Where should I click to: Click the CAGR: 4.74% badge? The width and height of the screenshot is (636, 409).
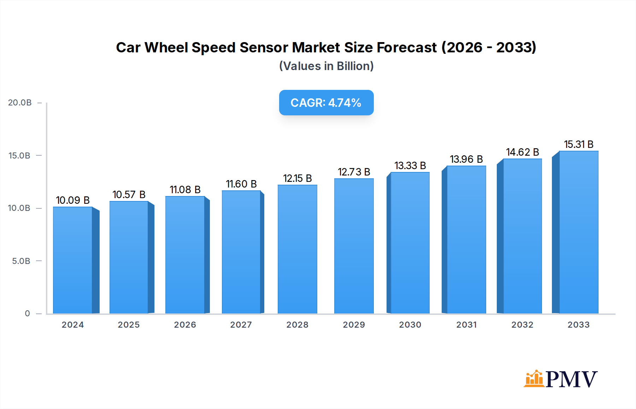(x=326, y=103)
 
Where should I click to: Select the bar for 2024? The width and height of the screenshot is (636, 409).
(x=73, y=260)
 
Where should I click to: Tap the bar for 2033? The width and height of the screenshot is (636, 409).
(x=578, y=232)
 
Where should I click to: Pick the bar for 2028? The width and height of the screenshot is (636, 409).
(x=297, y=249)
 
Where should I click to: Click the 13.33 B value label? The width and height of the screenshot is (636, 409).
(x=410, y=166)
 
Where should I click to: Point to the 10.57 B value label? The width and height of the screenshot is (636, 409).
(x=129, y=195)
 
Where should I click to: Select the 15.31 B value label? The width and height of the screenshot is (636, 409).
(x=578, y=144)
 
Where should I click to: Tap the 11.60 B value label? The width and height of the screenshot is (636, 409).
(x=241, y=184)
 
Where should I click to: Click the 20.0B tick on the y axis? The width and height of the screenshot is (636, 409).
(x=20, y=103)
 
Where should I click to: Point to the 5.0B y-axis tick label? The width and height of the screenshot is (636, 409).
(x=21, y=261)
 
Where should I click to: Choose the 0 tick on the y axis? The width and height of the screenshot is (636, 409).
(x=27, y=313)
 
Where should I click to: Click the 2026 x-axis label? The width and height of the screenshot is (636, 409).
(x=185, y=325)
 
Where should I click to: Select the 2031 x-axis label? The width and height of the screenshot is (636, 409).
(x=466, y=325)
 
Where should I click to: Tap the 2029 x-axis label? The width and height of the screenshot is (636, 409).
(x=354, y=325)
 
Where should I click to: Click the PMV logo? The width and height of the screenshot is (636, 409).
(x=561, y=379)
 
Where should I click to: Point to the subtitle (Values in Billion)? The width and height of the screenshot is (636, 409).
(x=326, y=66)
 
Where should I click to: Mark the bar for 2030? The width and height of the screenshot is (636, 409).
(x=410, y=243)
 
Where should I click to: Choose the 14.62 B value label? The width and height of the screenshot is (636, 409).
(x=522, y=152)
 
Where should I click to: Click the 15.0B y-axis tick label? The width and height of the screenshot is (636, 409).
(x=19, y=156)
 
